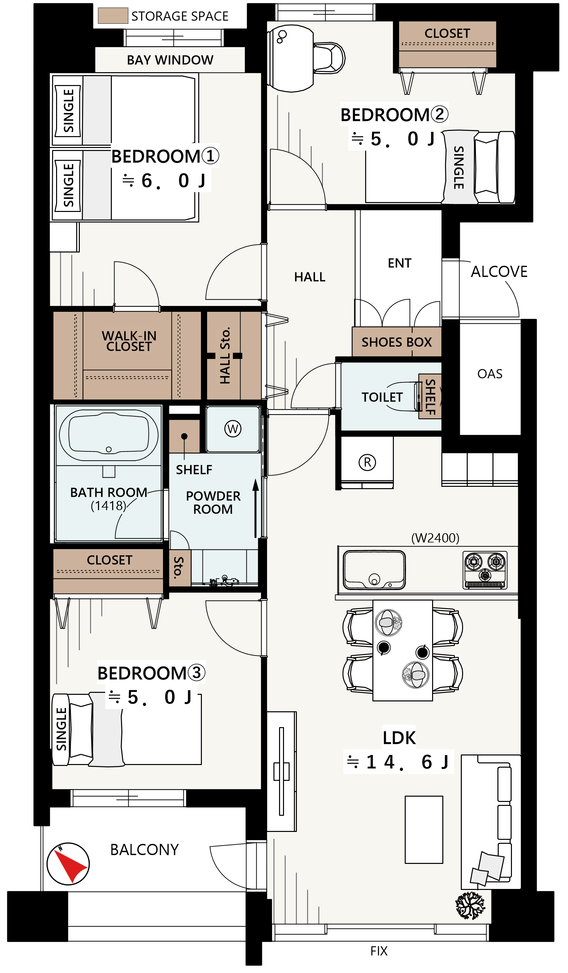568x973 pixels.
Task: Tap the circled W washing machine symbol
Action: (233, 428)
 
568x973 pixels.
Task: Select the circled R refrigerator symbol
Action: (367, 462)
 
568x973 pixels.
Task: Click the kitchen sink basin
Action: (374, 570)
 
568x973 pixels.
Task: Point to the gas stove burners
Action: (485, 570)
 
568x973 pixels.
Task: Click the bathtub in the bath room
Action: (109, 435)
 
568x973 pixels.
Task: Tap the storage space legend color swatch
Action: (113, 16)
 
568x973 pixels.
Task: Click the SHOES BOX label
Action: (396, 342)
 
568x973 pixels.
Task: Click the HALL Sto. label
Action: (225, 356)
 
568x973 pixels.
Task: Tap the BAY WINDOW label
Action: (170, 60)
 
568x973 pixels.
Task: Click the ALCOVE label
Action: (499, 272)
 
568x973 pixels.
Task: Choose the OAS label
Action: (489, 374)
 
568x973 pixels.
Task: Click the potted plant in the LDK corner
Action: (470, 905)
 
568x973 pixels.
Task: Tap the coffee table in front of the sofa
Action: (424, 829)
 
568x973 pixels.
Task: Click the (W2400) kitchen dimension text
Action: (435, 538)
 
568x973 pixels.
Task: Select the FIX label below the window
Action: (379, 951)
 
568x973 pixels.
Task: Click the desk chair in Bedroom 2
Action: (329, 58)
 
